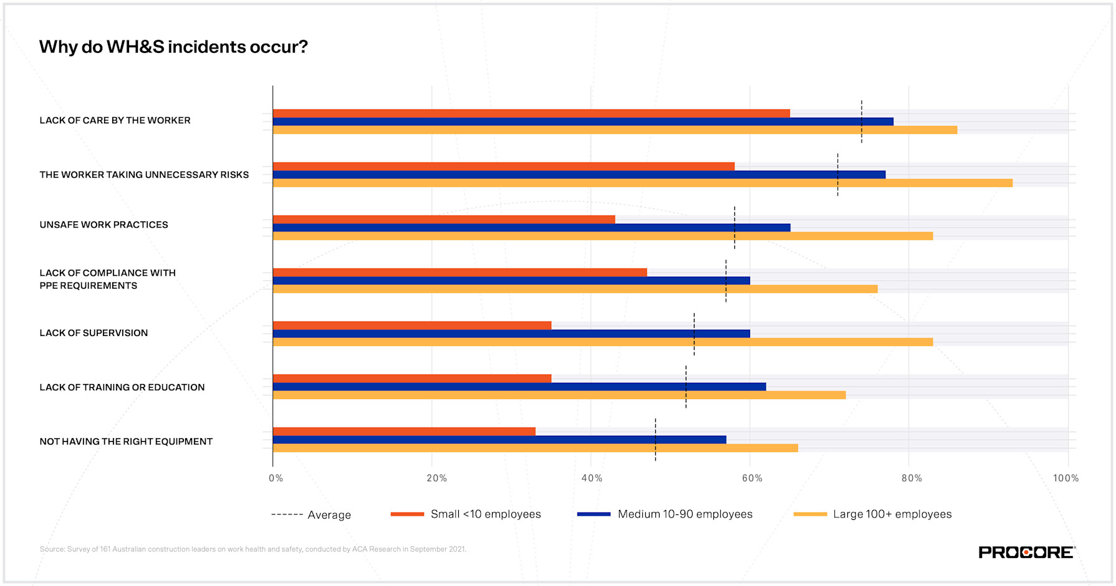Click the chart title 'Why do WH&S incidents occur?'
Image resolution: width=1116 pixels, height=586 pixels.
[x=173, y=47]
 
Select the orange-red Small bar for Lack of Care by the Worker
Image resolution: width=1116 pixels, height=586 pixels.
[x=530, y=113]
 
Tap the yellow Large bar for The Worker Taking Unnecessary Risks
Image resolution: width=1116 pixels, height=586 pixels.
[x=642, y=183]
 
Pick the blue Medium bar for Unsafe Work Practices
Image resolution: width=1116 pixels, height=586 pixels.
[x=530, y=228]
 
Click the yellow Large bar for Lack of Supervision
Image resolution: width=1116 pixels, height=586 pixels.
[x=602, y=342]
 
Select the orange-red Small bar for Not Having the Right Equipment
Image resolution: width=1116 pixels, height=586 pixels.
[x=404, y=431]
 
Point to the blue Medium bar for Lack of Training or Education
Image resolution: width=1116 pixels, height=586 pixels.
[x=519, y=387]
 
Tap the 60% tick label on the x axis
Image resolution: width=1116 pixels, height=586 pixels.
[x=752, y=478]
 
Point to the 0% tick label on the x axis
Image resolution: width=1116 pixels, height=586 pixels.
[x=276, y=478]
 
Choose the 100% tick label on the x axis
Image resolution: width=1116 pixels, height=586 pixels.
[x=1065, y=478]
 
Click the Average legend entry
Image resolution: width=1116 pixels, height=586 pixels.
[x=312, y=515]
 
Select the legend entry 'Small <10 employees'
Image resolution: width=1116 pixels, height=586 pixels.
[x=466, y=514]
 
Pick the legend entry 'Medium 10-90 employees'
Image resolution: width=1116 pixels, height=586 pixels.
[x=665, y=514]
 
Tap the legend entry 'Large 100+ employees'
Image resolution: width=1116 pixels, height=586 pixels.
[x=873, y=514]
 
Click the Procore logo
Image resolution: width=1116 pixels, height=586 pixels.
[x=1026, y=552]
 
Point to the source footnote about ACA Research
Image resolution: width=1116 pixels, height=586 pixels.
[x=253, y=549]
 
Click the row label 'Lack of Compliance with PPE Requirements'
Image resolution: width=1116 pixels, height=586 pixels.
[x=107, y=279]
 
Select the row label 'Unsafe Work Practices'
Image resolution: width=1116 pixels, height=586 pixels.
[x=103, y=224]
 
